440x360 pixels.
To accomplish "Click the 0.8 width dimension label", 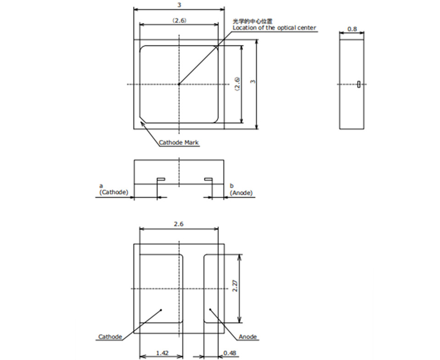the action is [x=352, y=29].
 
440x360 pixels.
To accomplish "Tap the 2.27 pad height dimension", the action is [x=235, y=286].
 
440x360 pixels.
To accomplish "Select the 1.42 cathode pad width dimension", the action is [x=162, y=353].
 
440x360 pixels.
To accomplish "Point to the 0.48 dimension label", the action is [x=230, y=353].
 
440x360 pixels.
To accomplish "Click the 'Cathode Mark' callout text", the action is [x=179, y=142].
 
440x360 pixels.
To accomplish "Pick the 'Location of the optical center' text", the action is [x=274, y=28].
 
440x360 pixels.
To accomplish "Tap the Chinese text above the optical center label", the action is [x=252, y=22].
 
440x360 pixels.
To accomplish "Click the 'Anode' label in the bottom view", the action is [x=247, y=337].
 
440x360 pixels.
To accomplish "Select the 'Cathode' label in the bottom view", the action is [x=110, y=337].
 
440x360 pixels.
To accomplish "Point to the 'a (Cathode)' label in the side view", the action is [x=113, y=189].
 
